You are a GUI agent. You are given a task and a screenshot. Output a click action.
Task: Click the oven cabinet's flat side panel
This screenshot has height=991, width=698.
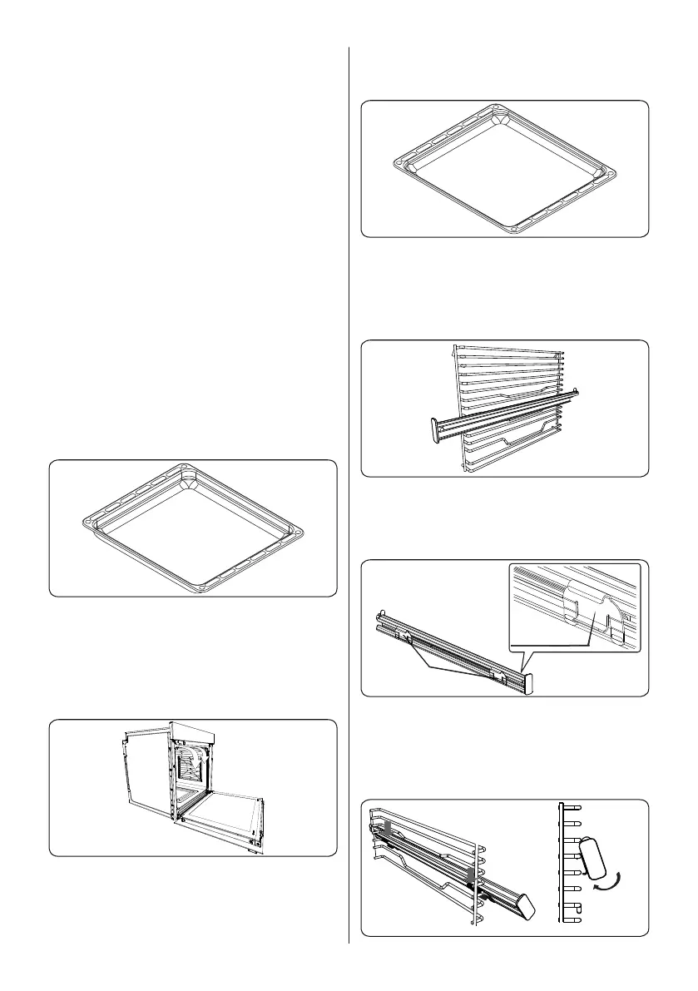[141, 770]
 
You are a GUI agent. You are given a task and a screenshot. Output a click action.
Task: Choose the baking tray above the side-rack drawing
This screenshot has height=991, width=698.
[503, 169]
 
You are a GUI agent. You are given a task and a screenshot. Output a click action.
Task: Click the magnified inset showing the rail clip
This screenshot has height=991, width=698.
[575, 607]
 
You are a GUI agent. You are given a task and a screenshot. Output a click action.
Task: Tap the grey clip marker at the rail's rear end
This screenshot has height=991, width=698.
[384, 829]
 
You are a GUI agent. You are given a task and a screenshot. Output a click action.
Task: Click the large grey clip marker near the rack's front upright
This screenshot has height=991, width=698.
[471, 874]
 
